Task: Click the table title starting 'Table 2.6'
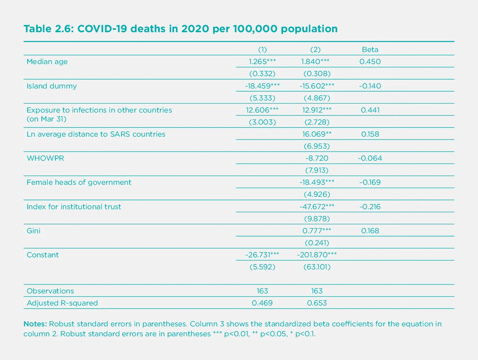(x=181, y=29)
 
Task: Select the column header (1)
(x=262, y=50)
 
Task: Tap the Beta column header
(x=370, y=50)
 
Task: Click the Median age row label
(x=47, y=62)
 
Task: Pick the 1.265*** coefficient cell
(x=262, y=62)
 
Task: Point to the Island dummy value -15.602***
(x=317, y=86)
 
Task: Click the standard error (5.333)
(x=262, y=98)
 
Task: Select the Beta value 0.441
(x=370, y=110)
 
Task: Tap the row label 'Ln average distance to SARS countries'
(x=96, y=134)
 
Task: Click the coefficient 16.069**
(x=317, y=134)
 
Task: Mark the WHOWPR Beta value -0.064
(x=370, y=158)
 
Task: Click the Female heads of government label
(x=79, y=182)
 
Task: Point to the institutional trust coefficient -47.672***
(x=317, y=207)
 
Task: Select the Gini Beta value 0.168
(x=370, y=231)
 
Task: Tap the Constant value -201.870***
(x=317, y=255)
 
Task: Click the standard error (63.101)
(x=317, y=267)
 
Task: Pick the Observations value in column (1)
(x=262, y=291)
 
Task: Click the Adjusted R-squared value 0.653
(x=317, y=303)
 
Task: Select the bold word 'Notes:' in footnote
(x=35, y=324)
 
